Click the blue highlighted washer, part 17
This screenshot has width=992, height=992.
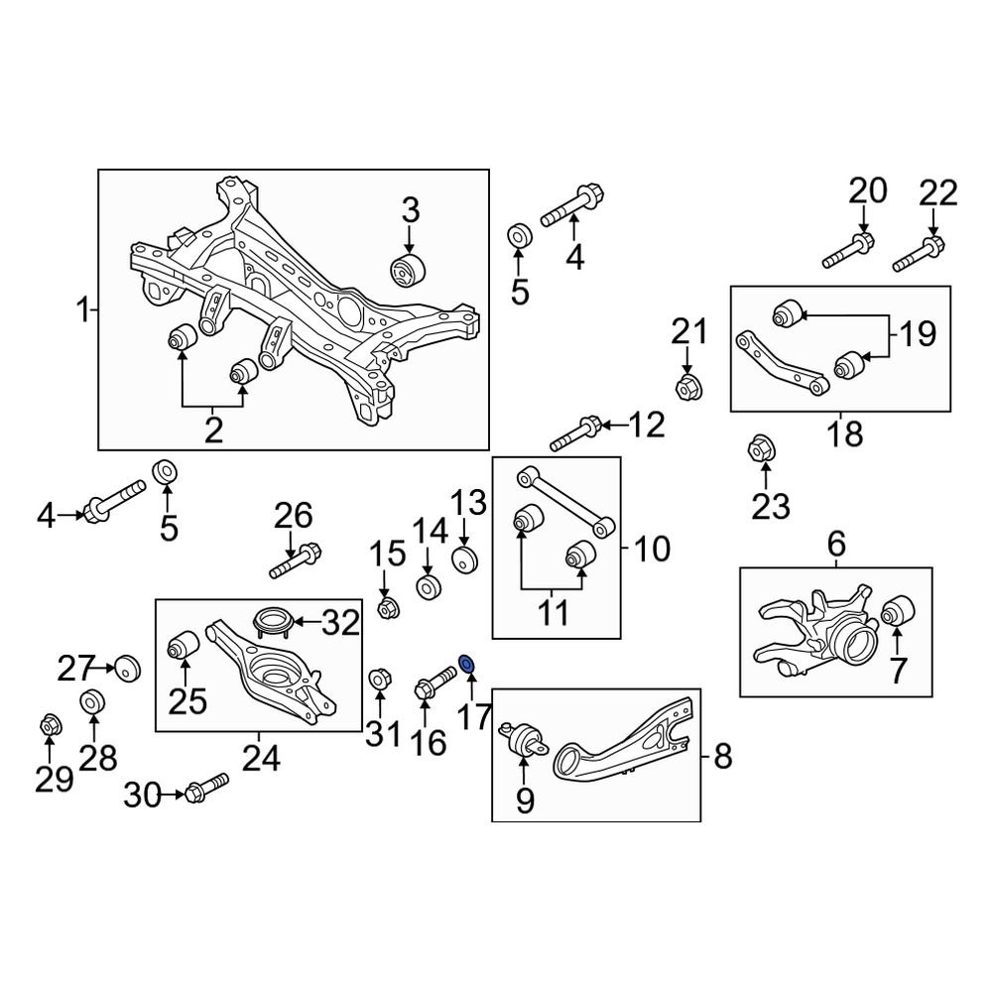pos(467,662)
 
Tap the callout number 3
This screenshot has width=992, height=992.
pos(410,210)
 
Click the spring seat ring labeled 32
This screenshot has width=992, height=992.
pos(269,623)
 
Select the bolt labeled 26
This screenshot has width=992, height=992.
pos(295,558)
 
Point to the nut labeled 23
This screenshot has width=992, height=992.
pos(760,448)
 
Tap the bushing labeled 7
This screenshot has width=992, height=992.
pos(903,608)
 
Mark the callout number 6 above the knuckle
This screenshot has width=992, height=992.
pos(836,544)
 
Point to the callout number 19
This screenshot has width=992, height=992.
pos(917,334)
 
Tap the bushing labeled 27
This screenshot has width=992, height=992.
pos(127,667)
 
